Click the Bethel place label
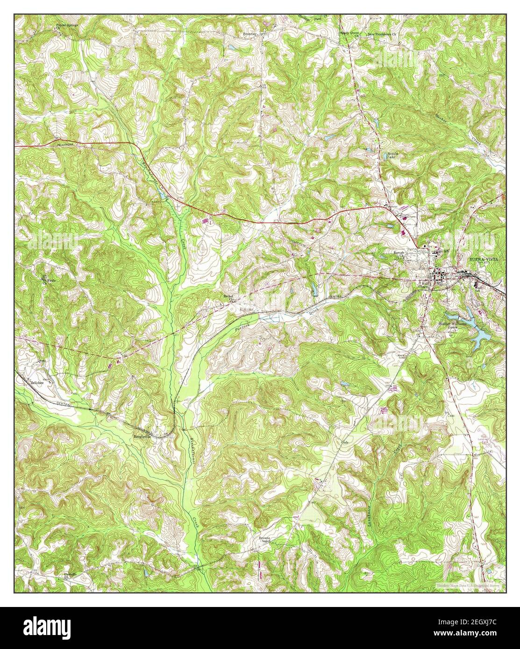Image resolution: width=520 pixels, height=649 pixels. pyautogui.click(x=228, y=296)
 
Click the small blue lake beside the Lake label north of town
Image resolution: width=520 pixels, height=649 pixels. pyautogui.click(x=369, y=150)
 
